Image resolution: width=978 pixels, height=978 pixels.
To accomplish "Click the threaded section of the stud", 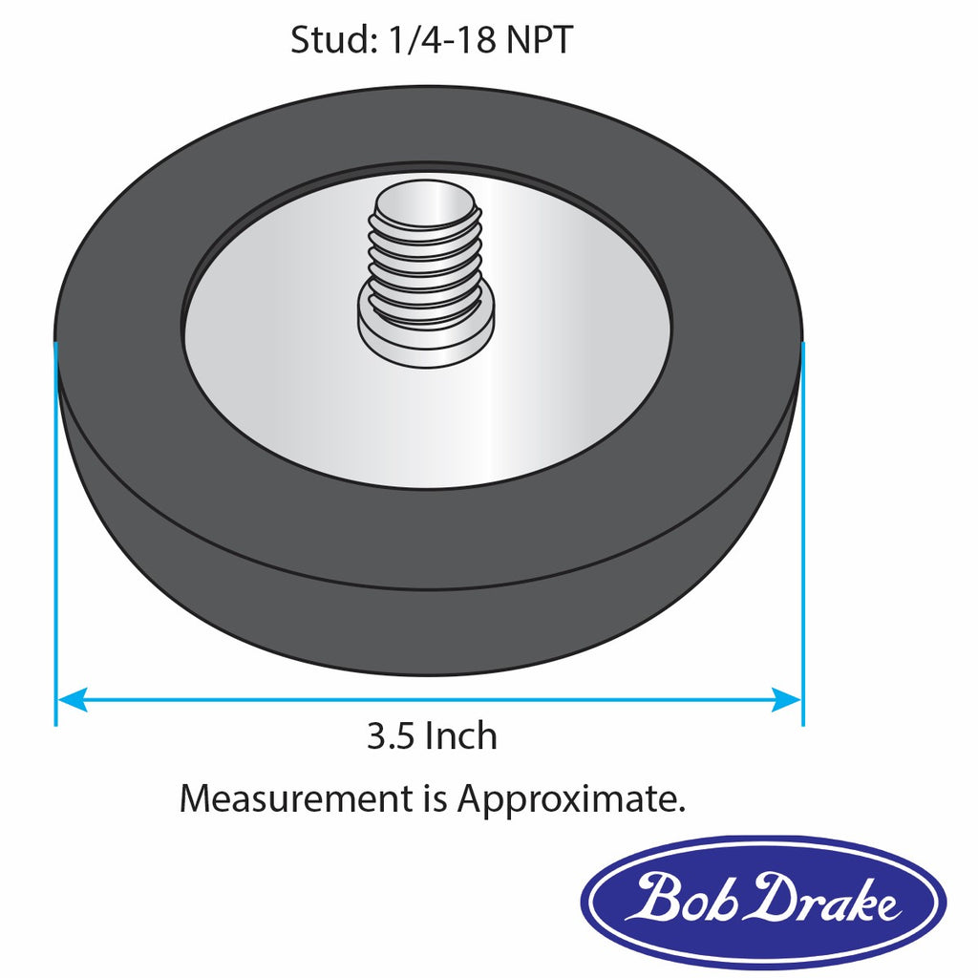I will (x=426, y=263).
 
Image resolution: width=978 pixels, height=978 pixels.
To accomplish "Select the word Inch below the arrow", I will (x=461, y=736).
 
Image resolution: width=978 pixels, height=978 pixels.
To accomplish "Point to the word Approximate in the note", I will (x=570, y=798).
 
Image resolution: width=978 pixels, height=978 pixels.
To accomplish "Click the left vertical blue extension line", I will (x=56, y=535).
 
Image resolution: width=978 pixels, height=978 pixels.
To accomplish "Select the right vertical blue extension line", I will (x=802, y=535).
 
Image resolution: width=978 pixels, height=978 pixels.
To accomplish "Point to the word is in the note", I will (x=433, y=798).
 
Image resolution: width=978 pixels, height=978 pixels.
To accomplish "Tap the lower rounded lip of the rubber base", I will (x=430, y=630).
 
